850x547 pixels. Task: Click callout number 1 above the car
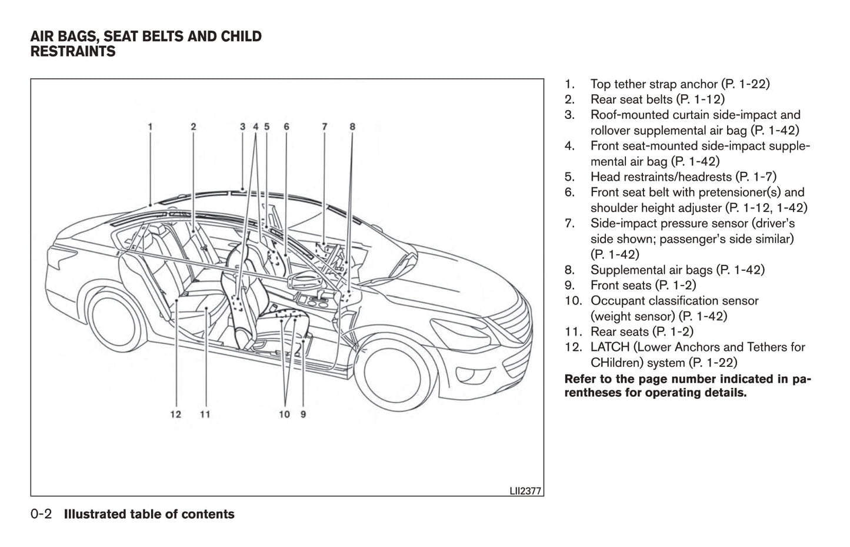(151, 126)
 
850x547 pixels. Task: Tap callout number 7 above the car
(325, 126)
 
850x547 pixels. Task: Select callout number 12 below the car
(176, 414)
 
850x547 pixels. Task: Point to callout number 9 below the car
(303, 414)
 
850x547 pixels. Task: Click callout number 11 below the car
(205, 414)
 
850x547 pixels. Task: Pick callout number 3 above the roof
(242, 126)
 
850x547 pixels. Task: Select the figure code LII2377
(525, 490)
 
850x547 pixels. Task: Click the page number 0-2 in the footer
(41, 514)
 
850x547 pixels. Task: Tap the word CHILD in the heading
(241, 37)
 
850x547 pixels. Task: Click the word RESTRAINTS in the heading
(73, 52)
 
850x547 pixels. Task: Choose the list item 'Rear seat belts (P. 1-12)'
(657, 100)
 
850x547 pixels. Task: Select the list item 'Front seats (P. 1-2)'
(643, 285)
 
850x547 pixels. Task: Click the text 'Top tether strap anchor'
(654, 84)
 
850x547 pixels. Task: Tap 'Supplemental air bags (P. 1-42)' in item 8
(677, 270)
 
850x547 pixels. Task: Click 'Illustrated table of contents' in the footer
(149, 514)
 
